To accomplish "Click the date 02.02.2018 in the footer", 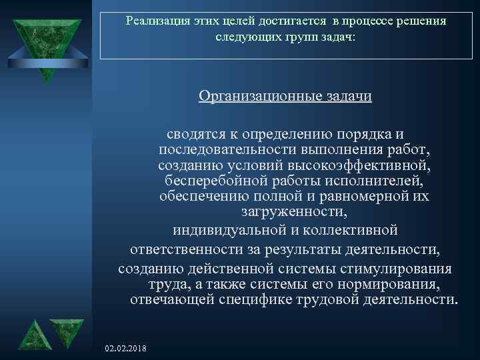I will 127,349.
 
